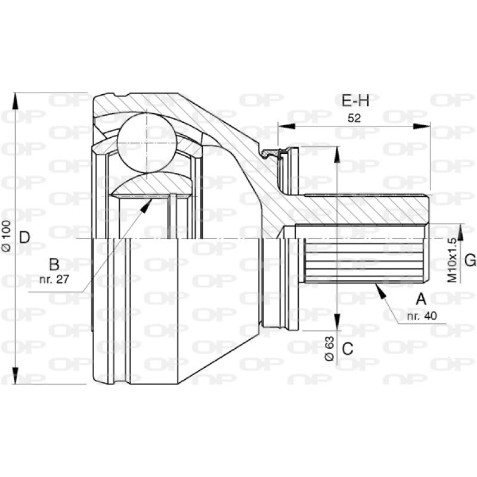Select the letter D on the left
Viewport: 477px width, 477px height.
pyautogui.click(x=24, y=238)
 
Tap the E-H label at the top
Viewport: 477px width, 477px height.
pyautogui.click(x=356, y=101)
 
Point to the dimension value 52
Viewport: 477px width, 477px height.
pyautogui.click(x=354, y=117)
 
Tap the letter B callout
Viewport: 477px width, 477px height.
pyautogui.click(x=54, y=264)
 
